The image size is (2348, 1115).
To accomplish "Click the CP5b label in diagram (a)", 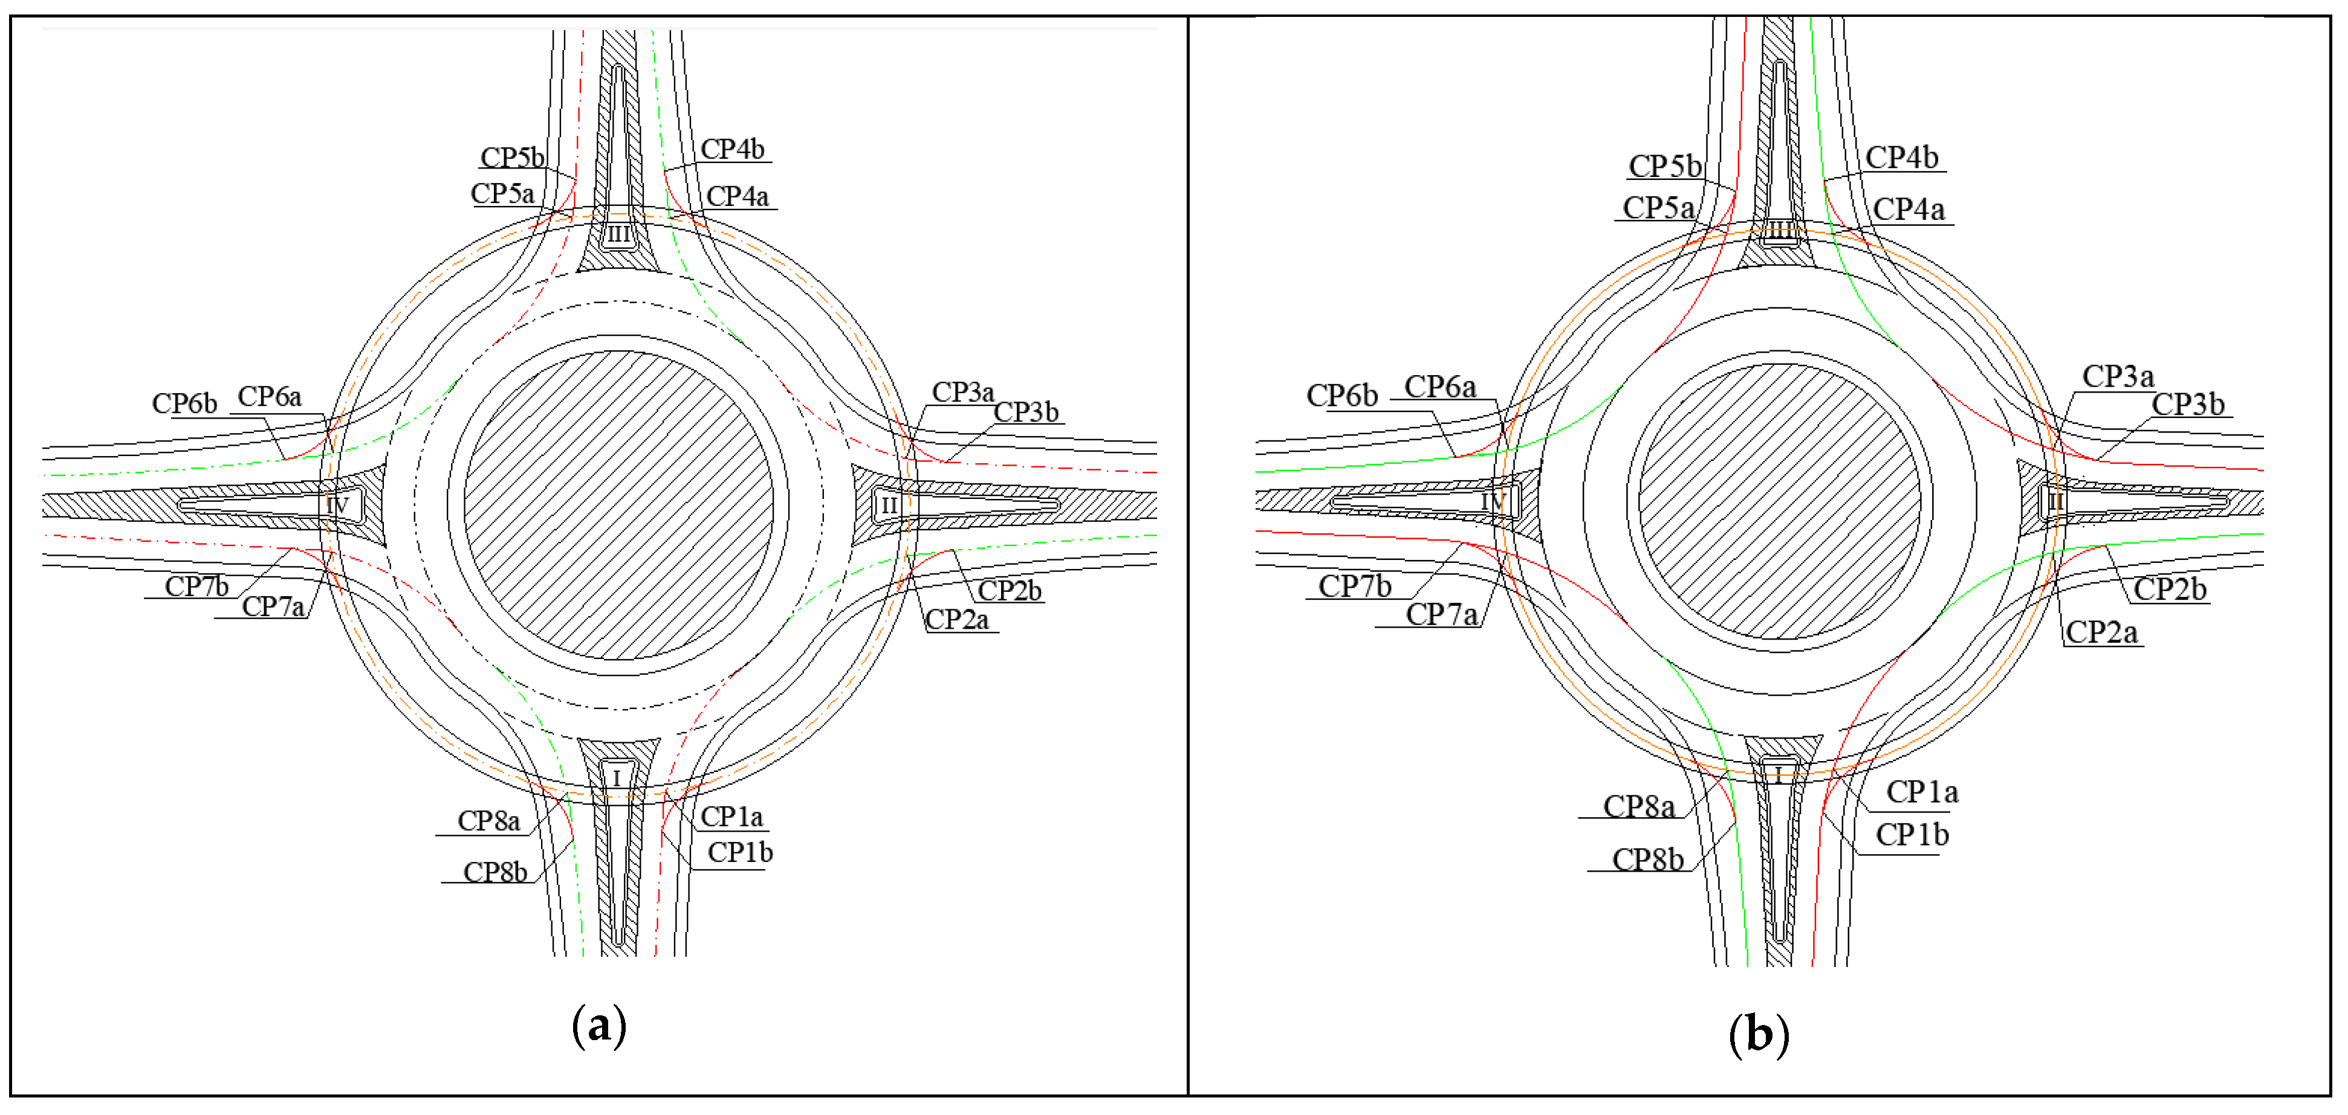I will (511, 158).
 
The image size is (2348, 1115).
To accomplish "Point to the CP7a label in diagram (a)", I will (273, 606).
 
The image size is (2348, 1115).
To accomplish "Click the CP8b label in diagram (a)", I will (495, 873).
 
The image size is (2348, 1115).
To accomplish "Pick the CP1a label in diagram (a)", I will (731, 817).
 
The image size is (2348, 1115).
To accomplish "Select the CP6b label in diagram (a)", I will (184, 403).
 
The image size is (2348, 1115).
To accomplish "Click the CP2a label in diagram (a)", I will (956, 620).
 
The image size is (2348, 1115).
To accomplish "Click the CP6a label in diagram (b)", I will (1439, 387).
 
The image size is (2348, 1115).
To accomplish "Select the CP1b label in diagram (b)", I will (1912, 834).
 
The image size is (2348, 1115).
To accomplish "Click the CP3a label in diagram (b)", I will (2118, 376).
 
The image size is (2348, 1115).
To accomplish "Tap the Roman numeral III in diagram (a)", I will (618, 235).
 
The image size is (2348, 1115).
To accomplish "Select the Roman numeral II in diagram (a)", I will (889, 506).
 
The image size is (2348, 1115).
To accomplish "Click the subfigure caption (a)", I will (599, 1026).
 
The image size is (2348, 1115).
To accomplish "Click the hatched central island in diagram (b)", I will (1779, 501).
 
